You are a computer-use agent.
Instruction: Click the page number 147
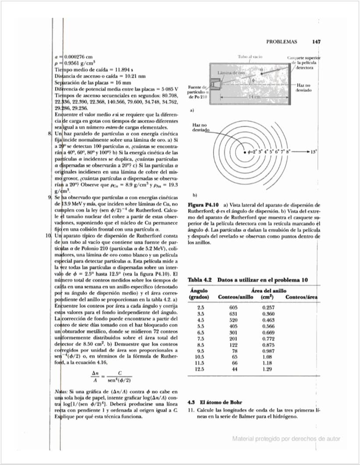(x=317, y=42)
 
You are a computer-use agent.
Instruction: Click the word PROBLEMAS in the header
(x=282, y=42)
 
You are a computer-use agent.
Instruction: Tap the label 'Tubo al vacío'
(x=250, y=57)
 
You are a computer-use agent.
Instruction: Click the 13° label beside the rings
(x=314, y=153)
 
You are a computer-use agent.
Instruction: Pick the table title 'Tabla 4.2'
(x=200, y=279)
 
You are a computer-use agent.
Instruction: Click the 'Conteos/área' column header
(x=301, y=297)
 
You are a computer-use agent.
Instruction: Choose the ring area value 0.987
(x=268, y=351)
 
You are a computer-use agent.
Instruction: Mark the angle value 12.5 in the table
(x=201, y=370)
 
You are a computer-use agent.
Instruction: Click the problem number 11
(x=191, y=410)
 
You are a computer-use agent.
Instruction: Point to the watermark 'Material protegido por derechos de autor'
(x=286, y=438)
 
